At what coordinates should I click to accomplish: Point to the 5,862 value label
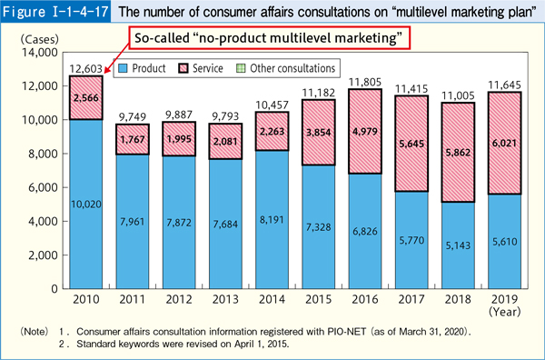coord(460,155)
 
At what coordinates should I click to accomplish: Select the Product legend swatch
coord(124,68)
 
